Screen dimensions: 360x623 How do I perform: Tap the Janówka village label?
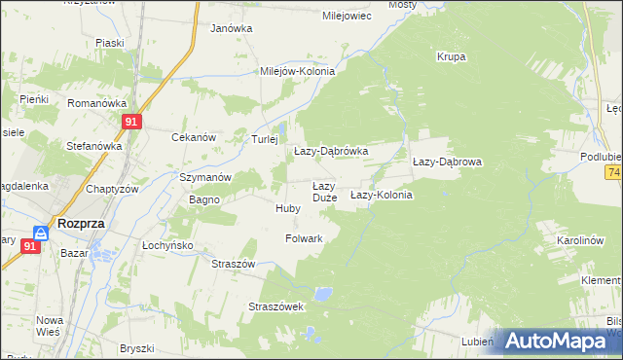pyautogui.click(x=231, y=28)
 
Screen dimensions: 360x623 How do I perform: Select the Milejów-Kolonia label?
pyautogui.click(x=297, y=71)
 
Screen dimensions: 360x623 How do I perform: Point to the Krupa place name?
pyautogui.click(x=451, y=56)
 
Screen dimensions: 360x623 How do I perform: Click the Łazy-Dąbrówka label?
pyautogui.click(x=330, y=151)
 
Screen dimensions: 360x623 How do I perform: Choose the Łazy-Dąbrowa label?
pyautogui.click(x=447, y=162)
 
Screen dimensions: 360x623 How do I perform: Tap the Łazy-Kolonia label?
pyautogui.click(x=382, y=195)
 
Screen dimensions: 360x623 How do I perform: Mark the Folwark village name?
pyautogui.click(x=304, y=237)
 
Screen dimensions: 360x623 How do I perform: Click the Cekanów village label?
pyautogui.click(x=193, y=137)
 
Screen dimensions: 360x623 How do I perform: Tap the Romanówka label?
pyautogui.click(x=97, y=102)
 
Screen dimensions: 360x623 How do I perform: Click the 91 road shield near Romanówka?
pyautogui.click(x=133, y=122)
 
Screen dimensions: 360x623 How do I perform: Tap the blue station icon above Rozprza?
pyautogui.click(x=40, y=233)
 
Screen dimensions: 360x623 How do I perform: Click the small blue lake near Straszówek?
pyautogui.click(x=323, y=292)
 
